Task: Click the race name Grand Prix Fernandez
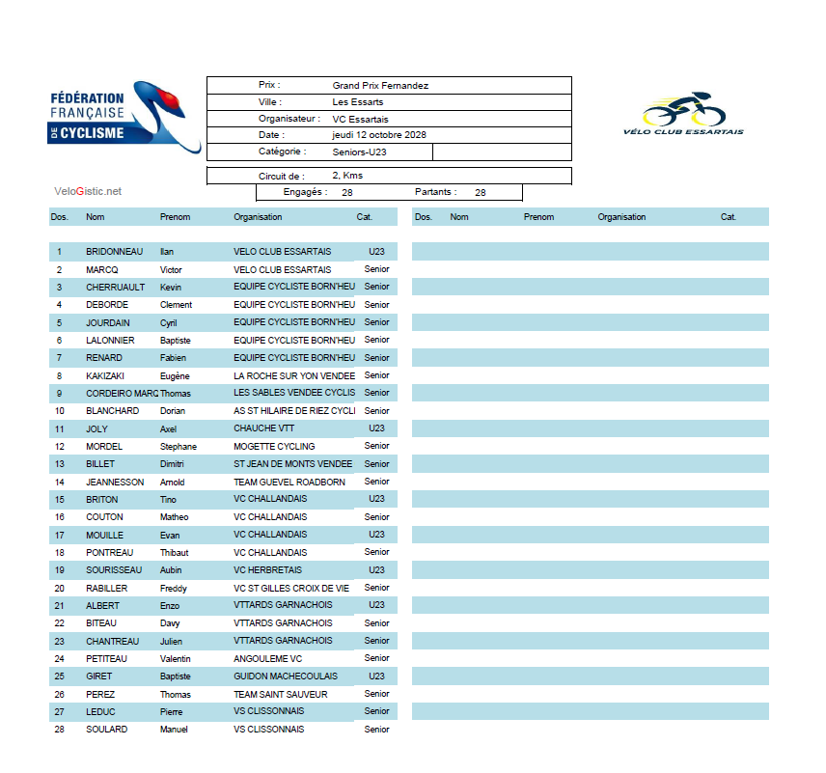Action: click(x=380, y=86)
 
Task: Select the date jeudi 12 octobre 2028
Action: click(x=379, y=135)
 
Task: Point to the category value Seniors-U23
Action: click(x=359, y=152)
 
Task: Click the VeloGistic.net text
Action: click(x=88, y=191)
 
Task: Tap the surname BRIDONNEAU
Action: click(x=114, y=252)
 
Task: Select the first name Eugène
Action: click(x=175, y=375)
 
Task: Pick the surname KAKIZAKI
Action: click(x=106, y=375)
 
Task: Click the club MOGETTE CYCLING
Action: click(x=274, y=446)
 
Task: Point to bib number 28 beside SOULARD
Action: click(x=59, y=730)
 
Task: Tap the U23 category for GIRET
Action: click(x=376, y=676)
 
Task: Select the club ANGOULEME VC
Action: click(x=268, y=659)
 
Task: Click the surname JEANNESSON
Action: click(x=115, y=482)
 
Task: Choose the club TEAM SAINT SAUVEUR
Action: click(x=281, y=694)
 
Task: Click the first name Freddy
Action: click(x=174, y=588)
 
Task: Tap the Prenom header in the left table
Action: click(x=176, y=217)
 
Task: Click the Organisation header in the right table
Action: click(x=621, y=217)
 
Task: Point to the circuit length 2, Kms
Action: click(x=347, y=176)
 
